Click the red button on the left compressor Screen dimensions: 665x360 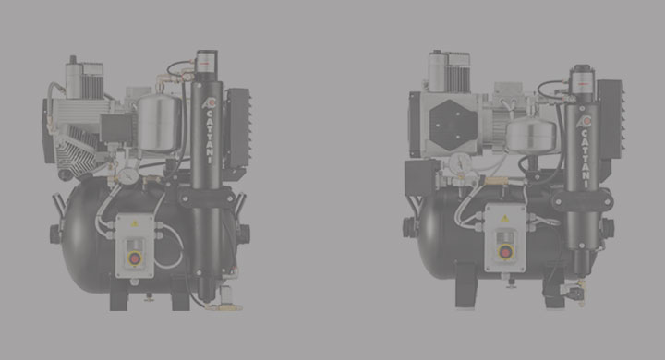click(x=135, y=258)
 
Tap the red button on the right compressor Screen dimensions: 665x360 click(x=505, y=253)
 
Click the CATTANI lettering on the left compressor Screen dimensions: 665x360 click(x=209, y=136)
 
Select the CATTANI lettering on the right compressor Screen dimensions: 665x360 click(x=584, y=158)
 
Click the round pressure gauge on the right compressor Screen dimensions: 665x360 click(x=461, y=162)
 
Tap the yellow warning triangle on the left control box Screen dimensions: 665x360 click(x=135, y=223)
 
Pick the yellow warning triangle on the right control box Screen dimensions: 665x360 click(x=504, y=219)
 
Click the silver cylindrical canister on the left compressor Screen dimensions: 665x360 click(x=160, y=123)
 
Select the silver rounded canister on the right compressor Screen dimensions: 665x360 click(x=531, y=135)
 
